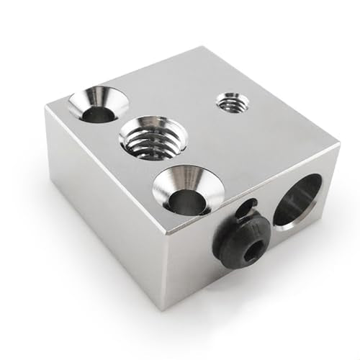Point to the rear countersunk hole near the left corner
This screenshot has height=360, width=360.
tap(98, 106)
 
